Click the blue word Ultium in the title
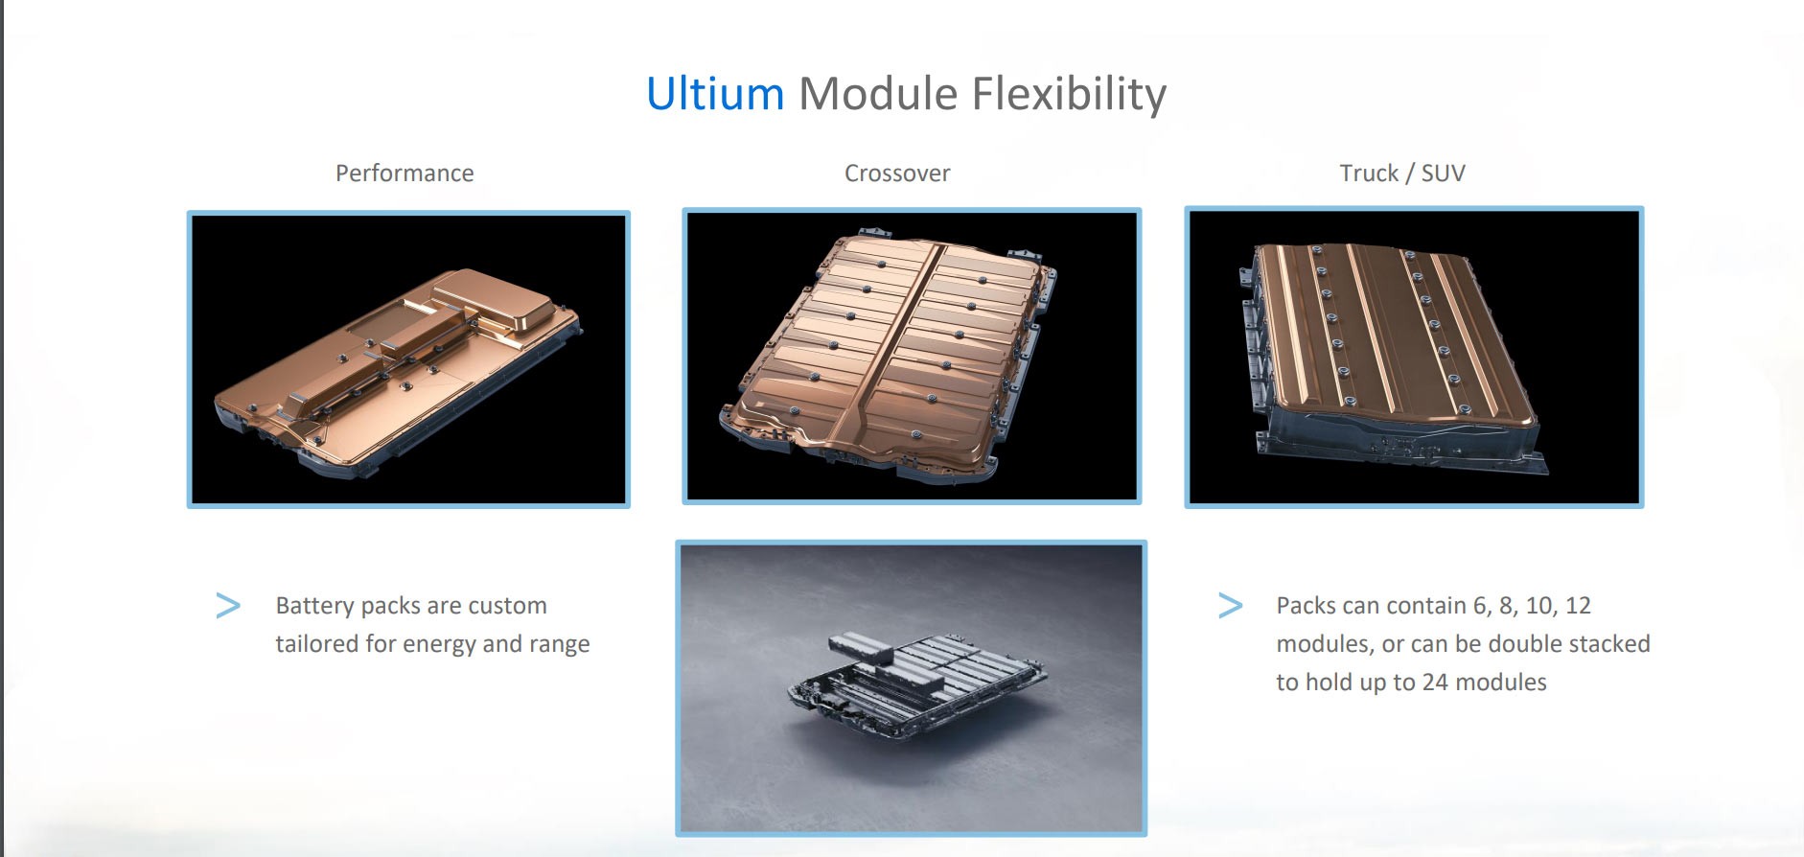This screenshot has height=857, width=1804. tap(715, 94)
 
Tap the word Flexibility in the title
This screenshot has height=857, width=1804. tap(1069, 94)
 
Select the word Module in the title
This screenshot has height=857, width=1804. tap(878, 94)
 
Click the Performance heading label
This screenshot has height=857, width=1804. tap(405, 174)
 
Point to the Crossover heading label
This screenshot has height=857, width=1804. tap(897, 174)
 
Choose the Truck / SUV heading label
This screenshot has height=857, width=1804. tap(1402, 174)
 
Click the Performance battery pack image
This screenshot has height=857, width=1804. tap(408, 359)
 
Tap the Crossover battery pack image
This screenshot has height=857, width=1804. tap(912, 356)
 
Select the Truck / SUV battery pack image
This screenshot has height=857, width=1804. tap(1414, 357)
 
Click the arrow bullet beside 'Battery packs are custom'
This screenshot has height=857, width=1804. tap(228, 606)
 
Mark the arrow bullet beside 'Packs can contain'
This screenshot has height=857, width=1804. tap(1230, 606)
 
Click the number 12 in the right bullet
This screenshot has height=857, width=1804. tap(1578, 606)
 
